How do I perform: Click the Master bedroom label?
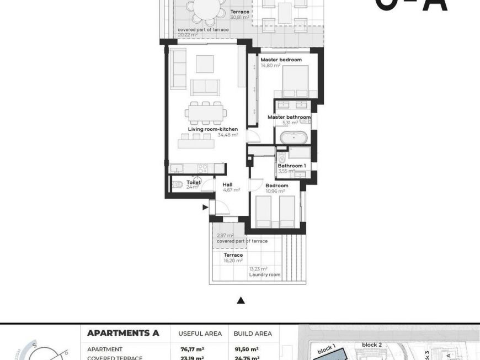281,60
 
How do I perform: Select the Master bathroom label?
289,117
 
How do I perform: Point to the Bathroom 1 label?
292,166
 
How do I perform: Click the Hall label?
228,184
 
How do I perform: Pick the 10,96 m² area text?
275,191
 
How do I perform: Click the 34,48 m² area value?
227,135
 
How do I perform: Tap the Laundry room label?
265,274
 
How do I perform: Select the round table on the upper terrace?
205,9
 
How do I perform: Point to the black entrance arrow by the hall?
205,208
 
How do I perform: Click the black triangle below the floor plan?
241,301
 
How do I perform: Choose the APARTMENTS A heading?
123,333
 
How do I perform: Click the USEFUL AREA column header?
200,333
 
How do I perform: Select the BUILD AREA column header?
253,333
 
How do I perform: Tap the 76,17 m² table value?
193,349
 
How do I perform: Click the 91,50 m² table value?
247,349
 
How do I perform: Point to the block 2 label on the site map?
372,345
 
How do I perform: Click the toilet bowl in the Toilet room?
178,185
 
